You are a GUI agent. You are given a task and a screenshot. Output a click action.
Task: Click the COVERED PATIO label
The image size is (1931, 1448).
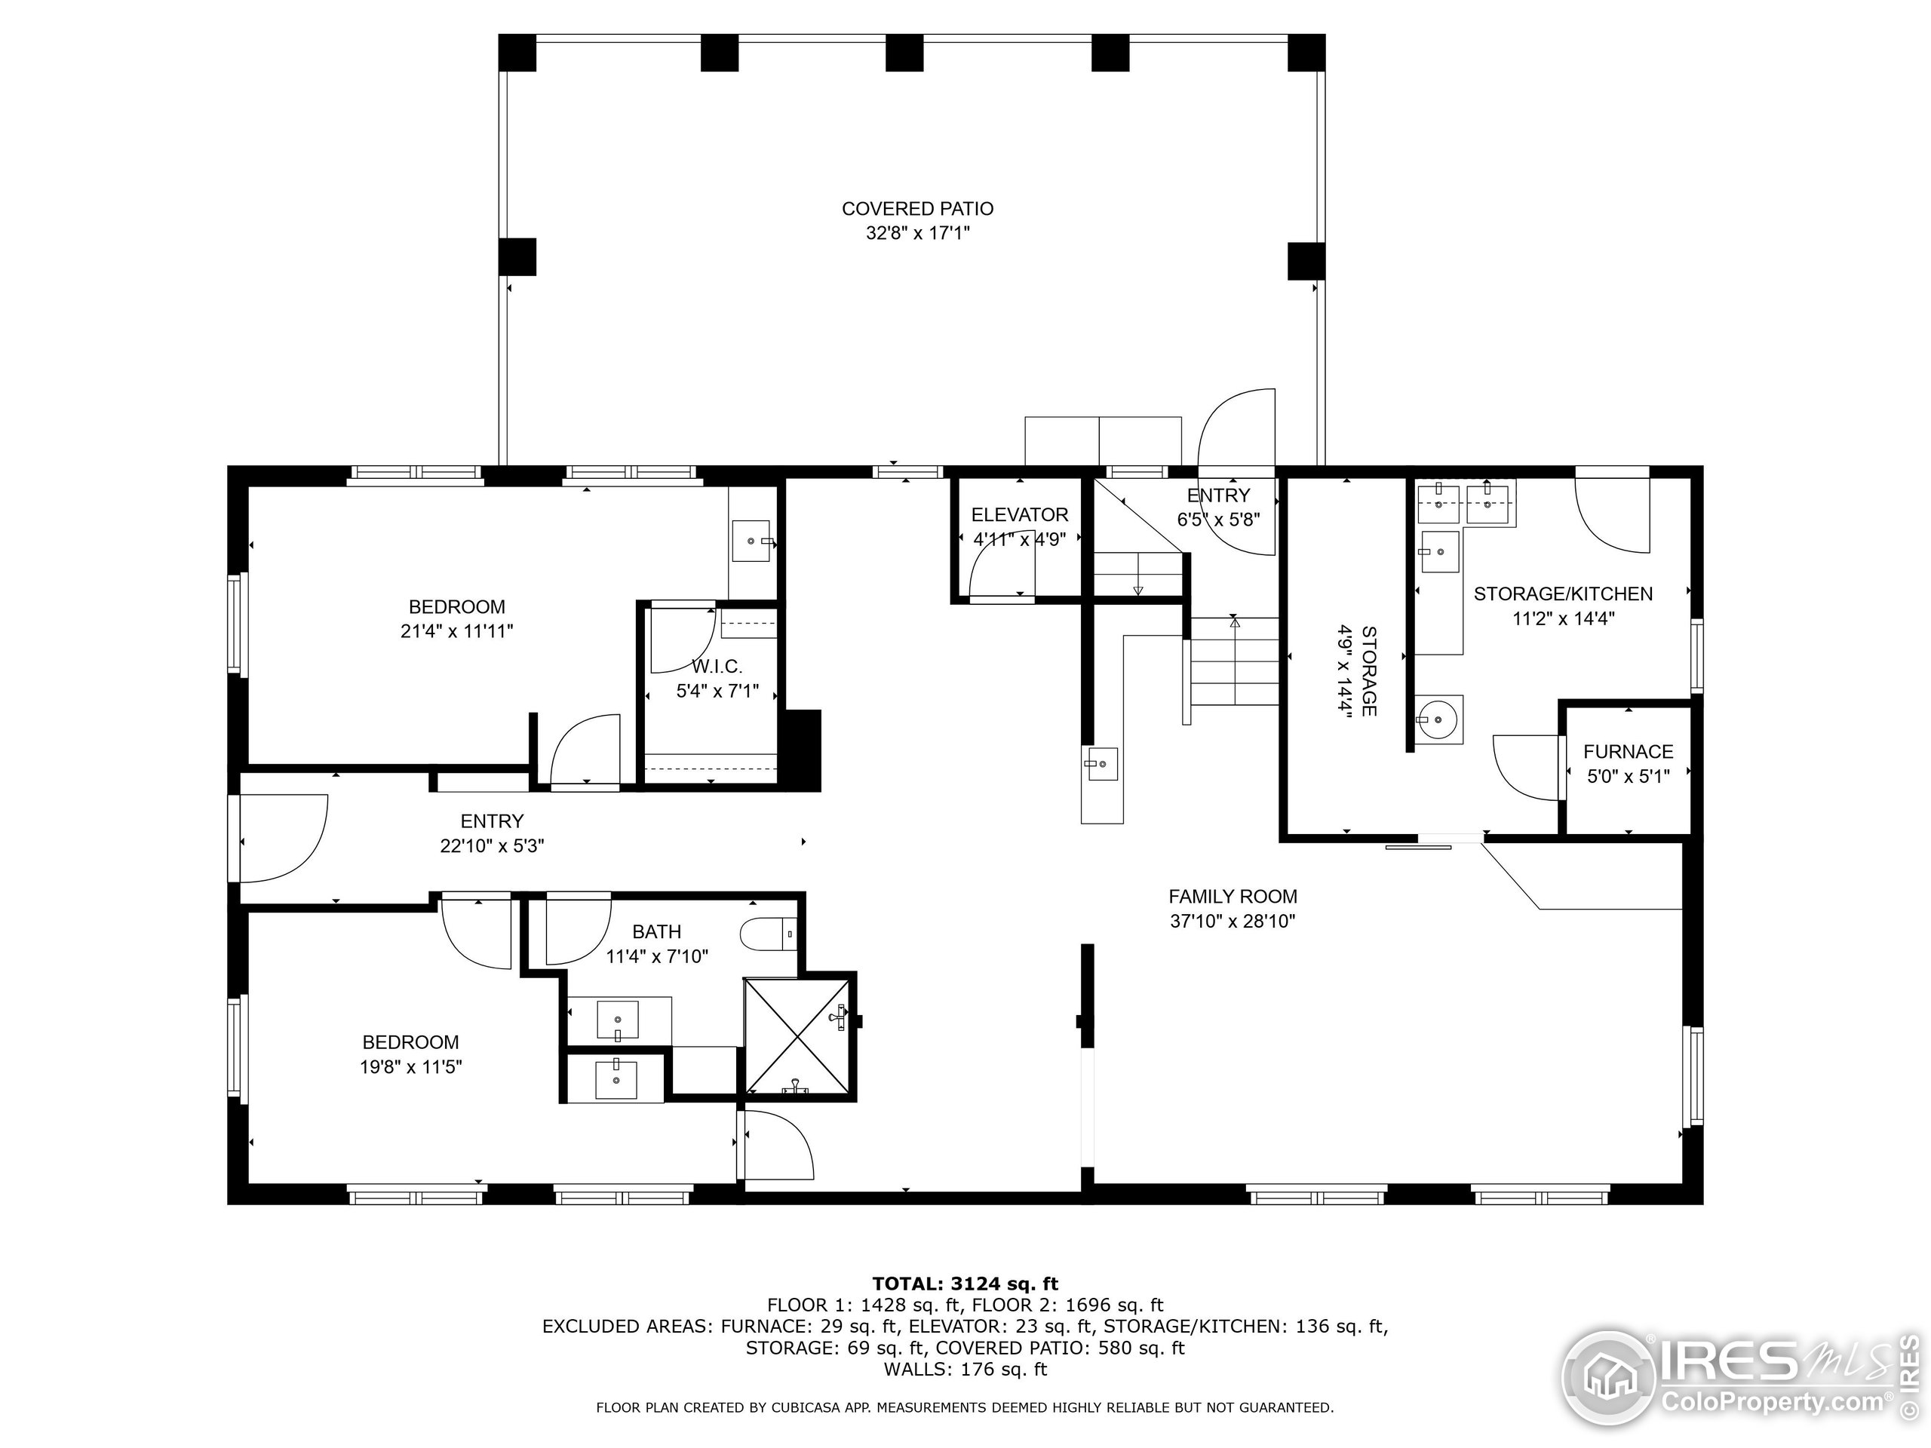tap(917, 209)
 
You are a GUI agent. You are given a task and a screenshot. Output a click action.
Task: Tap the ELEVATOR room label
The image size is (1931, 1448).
tap(1020, 515)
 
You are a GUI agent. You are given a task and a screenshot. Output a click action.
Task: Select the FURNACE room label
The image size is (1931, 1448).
tap(1628, 751)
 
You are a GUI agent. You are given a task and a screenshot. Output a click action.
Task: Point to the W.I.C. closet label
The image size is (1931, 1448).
tap(717, 667)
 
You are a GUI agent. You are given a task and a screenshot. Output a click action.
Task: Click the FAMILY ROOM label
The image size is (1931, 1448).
tap(1233, 897)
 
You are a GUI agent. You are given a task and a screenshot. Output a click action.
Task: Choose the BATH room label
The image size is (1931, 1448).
tap(656, 932)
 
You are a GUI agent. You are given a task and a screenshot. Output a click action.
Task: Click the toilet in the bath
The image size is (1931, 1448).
tap(768, 934)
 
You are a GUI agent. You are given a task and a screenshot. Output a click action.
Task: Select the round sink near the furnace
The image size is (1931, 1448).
tap(1438, 720)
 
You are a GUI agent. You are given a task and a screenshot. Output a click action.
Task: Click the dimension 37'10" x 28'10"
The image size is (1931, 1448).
tap(1233, 921)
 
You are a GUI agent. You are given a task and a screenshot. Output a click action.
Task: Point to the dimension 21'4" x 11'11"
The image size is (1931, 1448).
tap(456, 631)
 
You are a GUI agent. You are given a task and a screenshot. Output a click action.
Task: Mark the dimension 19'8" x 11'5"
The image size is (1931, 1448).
tap(410, 1066)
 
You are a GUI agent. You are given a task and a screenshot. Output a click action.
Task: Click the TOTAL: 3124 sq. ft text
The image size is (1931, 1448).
tap(965, 1283)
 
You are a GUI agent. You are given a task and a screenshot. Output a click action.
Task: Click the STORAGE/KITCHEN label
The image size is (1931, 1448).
tap(1563, 594)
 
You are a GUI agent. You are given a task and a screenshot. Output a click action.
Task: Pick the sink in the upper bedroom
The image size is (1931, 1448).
tap(751, 541)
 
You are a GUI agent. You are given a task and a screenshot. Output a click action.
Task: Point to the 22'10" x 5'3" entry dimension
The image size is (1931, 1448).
tap(493, 845)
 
